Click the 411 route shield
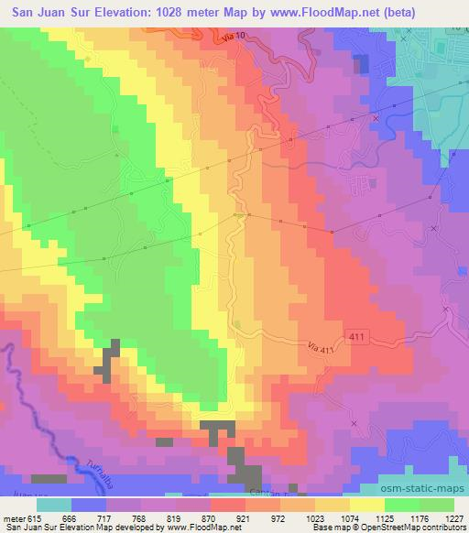(x=359, y=338)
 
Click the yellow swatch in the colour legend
(x=366, y=505)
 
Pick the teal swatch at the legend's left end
(x=54, y=505)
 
